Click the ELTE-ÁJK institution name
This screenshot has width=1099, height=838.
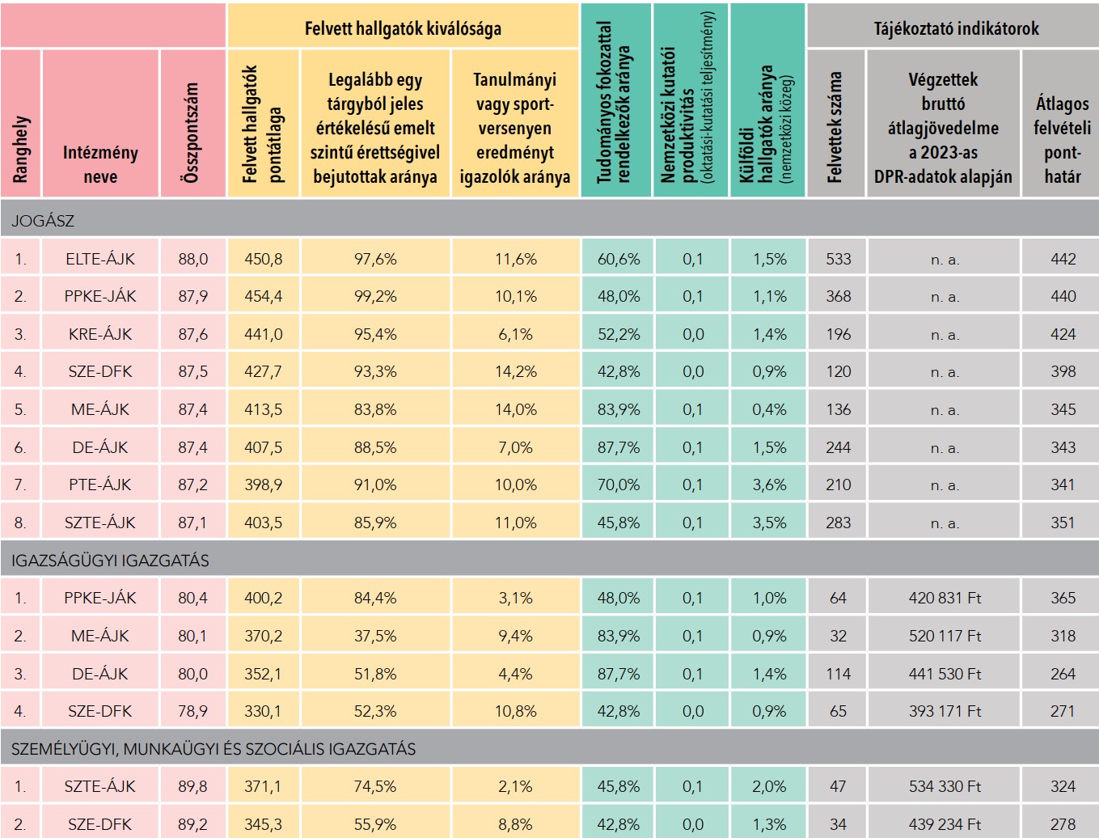coord(100,259)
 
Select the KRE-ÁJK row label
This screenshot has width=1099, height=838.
coord(100,334)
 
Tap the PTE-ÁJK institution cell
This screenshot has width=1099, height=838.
coord(100,485)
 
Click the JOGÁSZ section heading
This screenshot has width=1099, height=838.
coord(43,221)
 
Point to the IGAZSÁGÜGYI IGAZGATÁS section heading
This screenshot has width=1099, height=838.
coord(110,561)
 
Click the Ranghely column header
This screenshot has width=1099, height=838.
coord(21,149)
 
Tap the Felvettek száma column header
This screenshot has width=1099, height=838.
coord(835,126)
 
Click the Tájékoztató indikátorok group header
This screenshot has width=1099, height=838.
coord(956,28)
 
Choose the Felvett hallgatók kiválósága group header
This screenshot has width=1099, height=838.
coord(403,28)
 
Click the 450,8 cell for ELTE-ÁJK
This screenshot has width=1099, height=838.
coord(264,259)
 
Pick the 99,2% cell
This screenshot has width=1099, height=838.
coord(375,297)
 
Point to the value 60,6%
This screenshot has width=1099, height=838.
coord(619,259)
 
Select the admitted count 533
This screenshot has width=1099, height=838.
coord(838,259)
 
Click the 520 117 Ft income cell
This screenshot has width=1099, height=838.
coord(945,636)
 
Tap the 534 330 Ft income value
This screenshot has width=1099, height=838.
coord(945,786)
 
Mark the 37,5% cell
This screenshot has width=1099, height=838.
coord(375,636)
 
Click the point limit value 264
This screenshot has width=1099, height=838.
coord(1063,674)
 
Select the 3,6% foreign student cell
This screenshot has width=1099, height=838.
coord(769,485)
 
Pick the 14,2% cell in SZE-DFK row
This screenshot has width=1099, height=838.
coord(515,372)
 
